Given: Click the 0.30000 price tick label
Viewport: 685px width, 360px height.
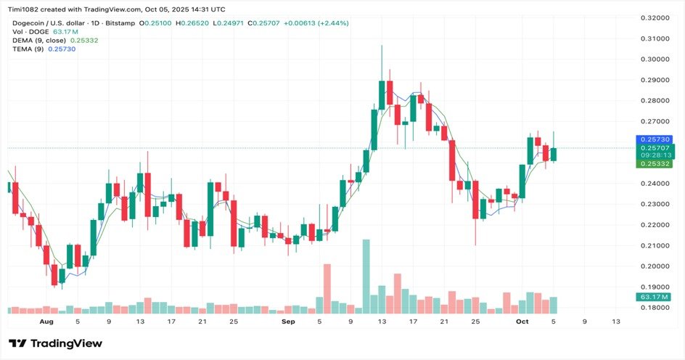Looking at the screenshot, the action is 655,60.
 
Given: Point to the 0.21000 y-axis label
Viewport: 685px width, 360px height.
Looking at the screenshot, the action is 655,245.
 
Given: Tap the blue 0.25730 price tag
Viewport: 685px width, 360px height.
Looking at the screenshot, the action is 654,139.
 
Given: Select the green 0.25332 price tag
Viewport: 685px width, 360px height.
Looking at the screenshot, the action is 654,164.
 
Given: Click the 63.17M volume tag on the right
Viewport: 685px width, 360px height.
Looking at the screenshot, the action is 654,297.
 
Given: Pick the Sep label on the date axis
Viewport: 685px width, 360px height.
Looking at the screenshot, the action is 288,322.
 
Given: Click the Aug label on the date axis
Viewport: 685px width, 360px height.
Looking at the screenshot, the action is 46,322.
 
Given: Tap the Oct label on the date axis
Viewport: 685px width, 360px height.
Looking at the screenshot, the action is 522,322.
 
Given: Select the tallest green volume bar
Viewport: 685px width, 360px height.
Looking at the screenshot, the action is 366,276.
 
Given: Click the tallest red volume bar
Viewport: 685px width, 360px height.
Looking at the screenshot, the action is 327,289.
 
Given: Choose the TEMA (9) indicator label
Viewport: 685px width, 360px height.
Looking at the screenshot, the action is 28,49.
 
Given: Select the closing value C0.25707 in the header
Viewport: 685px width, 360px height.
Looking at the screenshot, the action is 264,23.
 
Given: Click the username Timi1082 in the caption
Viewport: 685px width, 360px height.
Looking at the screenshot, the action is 23,9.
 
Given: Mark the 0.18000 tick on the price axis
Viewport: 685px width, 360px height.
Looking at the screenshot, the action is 655,308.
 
